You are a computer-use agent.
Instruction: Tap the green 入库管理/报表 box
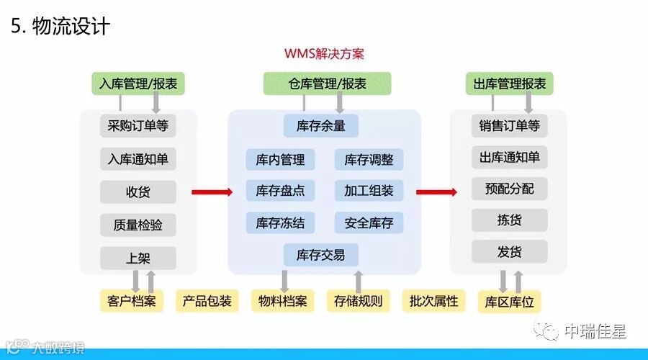[138, 84]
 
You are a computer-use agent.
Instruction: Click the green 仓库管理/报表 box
[327, 84]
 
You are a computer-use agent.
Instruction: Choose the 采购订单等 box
[138, 125]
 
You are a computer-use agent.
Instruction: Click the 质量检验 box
[138, 225]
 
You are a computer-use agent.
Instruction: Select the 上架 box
[138, 257]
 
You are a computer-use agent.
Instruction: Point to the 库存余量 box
[320, 125]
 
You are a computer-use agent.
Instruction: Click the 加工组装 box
[369, 191]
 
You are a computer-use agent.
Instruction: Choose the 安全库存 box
[369, 222]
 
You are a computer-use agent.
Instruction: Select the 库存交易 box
[320, 254]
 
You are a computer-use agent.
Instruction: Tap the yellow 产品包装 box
[207, 300]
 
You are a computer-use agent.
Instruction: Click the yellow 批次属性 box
[434, 300]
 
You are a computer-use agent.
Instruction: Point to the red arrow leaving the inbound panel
[212, 192]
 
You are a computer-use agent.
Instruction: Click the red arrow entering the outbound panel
[437, 192]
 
